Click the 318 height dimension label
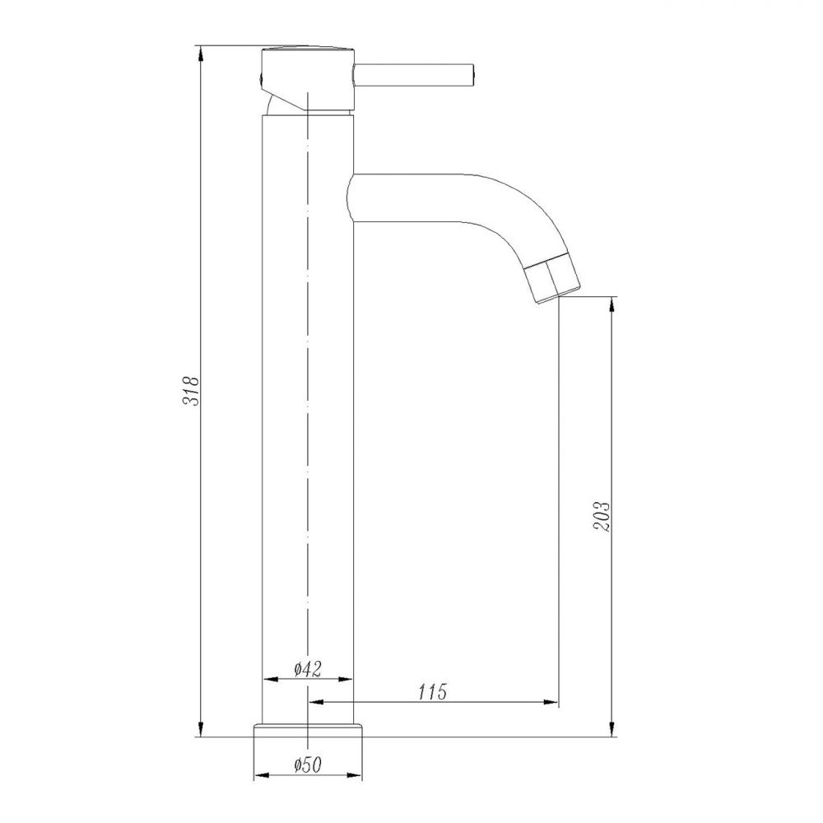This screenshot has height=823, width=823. click(x=191, y=390)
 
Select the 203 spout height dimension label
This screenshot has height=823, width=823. click(x=602, y=517)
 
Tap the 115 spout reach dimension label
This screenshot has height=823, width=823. click(x=433, y=692)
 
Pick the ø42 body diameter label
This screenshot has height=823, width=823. click(x=307, y=668)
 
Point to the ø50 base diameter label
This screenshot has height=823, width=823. click(x=308, y=765)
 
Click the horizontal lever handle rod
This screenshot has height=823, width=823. click(x=415, y=75)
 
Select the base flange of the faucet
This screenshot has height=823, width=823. click(x=308, y=730)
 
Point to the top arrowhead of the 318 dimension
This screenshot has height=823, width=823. click(x=201, y=54)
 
